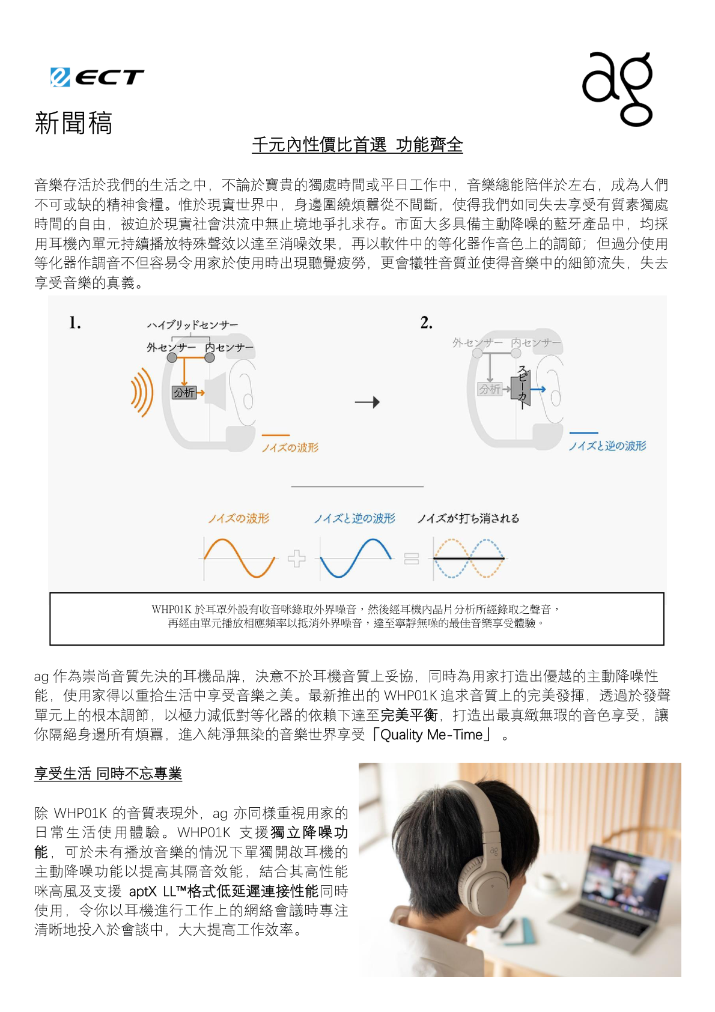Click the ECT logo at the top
click(97, 77)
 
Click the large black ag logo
click(618, 89)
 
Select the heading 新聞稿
click(73, 123)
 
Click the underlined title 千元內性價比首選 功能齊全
click(357, 145)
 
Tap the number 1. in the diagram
click(75, 323)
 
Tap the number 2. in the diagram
click(426, 323)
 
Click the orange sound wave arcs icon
click(141, 392)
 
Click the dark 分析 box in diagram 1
click(184, 393)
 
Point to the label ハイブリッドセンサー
click(192, 325)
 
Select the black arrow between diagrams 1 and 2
click(367, 402)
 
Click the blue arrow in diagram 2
click(538, 389)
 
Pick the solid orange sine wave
click(239, 558)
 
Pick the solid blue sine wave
click(356, 558)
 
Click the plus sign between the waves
click(296, 559)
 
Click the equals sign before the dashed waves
click(412, 559)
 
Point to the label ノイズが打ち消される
click(468, 518)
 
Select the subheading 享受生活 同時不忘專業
click(108, 774)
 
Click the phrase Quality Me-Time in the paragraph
click(431, 735)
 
